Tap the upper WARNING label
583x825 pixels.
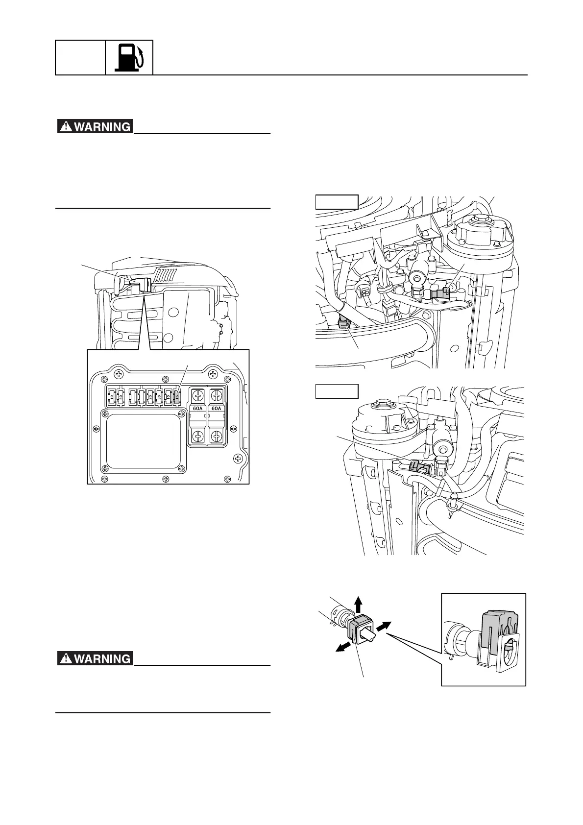coord(95,126)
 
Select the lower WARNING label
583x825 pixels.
coord(95,658)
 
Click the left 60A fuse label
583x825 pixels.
coord(198,408)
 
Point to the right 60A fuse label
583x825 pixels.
coord(216,408)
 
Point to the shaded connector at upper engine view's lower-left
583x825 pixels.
coord(343,322)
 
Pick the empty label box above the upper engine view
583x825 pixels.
coord(337,202)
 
